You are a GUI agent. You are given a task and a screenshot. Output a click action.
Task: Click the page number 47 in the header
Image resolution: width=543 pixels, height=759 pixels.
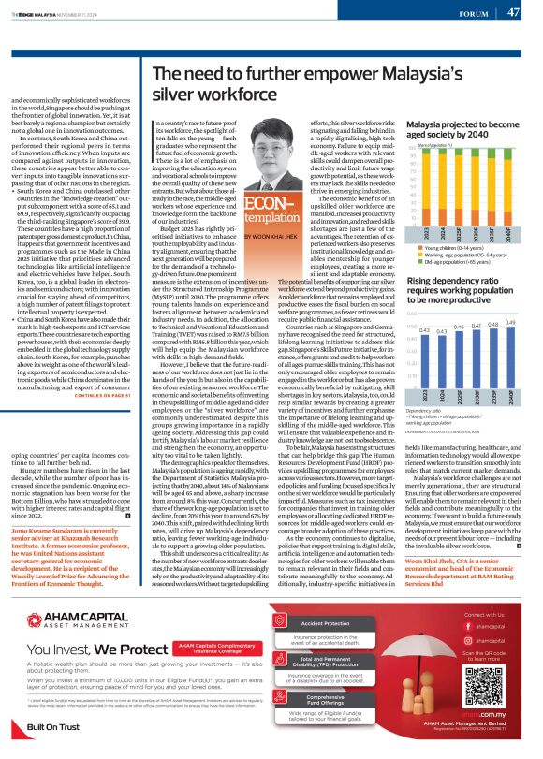(513, 12)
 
